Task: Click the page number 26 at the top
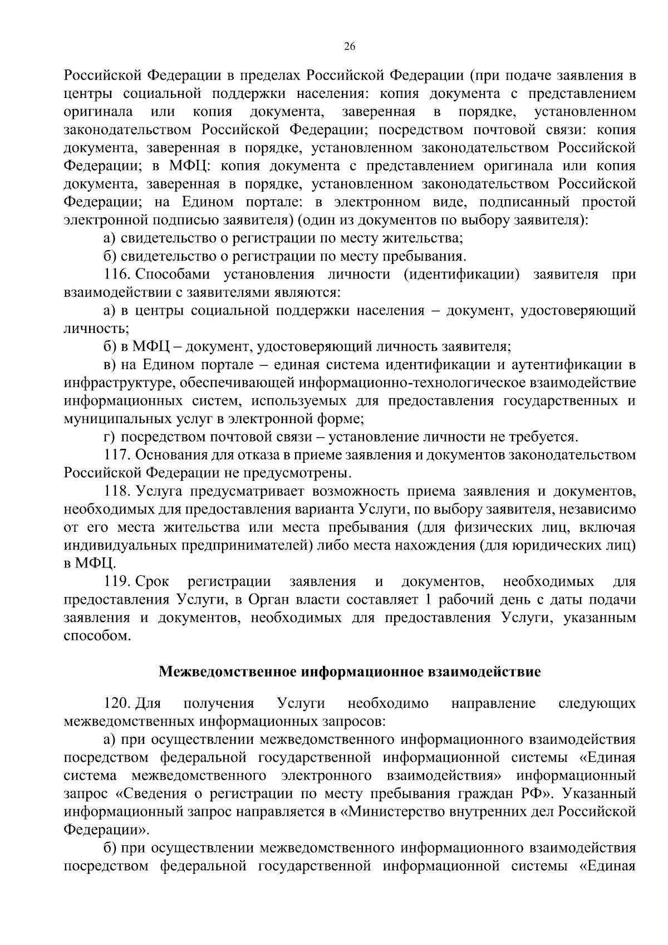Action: (x=350, y=47)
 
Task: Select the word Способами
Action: (x=169, y=275)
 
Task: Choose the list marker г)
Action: (x=110, y=437)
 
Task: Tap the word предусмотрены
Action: (x=301, y=473)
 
